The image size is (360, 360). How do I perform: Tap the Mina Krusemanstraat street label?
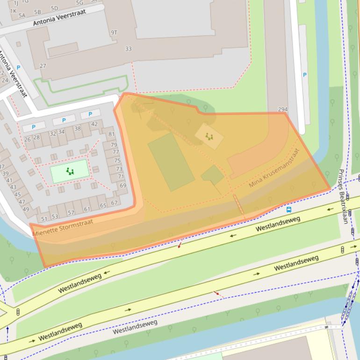[274, 168]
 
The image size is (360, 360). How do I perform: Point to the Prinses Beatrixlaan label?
[343, 196]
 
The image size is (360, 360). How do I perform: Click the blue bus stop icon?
[289, 209]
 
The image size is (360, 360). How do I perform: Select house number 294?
[283, 109]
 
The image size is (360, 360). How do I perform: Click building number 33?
[128, 49]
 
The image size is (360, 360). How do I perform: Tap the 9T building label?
[114, 33]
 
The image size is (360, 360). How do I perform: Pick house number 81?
[111, 134]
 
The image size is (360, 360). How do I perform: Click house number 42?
[94, 124]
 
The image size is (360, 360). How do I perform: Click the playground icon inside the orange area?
[209, 137]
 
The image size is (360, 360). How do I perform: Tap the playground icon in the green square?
[70, 171]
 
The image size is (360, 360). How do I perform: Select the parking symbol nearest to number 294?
[304, 75]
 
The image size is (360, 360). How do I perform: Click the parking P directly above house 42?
[90, 114]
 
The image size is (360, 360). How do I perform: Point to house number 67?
[114, 203]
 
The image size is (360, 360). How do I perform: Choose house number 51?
[44, 219]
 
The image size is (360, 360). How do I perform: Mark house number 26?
[27, 139]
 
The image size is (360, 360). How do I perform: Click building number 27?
[43, 66]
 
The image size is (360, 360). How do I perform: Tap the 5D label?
[54, 8]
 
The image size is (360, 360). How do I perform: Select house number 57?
[71, 213]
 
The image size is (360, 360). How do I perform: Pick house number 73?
[119, 169]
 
